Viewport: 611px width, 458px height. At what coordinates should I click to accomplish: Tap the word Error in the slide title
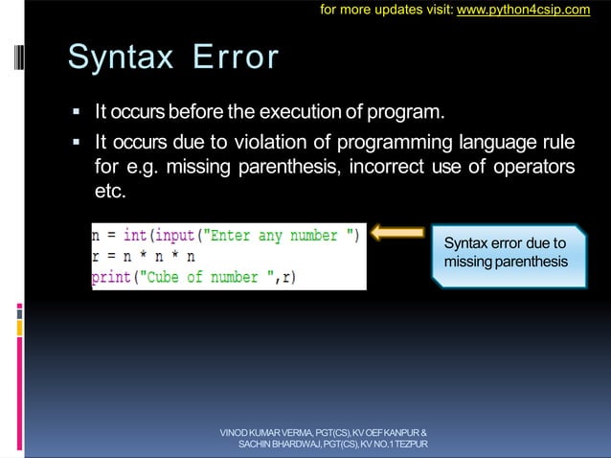click(x=236, y=57)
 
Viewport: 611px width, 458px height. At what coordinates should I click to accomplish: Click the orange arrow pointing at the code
click(x=396, y=232)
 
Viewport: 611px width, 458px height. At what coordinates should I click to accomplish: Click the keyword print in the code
click(x=111, y=277)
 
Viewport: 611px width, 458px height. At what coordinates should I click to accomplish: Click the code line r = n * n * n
click(x=144, y=257)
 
